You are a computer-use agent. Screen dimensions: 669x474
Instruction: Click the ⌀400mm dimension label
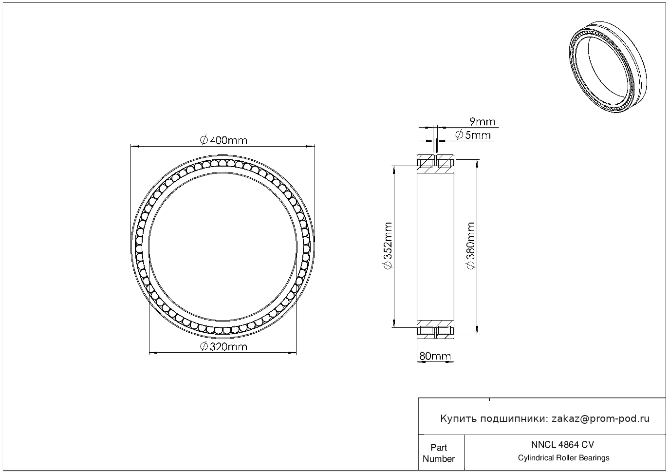coord(223,140)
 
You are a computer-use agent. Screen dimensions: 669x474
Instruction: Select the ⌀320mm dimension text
coord(223,347)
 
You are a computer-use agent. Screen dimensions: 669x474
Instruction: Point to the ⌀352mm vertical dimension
coord(388,246)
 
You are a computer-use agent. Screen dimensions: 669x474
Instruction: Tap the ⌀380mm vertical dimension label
coord(471,246)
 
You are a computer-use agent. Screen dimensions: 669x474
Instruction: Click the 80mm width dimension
coord(435,356)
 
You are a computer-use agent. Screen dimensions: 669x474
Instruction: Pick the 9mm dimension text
coord(483,122)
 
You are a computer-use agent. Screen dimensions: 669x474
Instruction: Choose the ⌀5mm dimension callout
coord(473,135)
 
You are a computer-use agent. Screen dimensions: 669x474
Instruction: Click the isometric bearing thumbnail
coord(608,67)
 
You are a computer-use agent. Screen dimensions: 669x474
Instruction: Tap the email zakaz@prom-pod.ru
coord(601,419)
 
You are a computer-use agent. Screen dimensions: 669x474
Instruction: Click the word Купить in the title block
coord(459,419)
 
